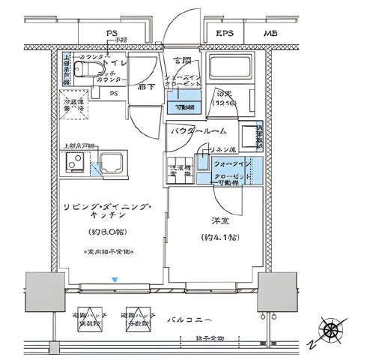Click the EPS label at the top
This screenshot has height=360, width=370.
224,34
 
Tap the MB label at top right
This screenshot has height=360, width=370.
269,34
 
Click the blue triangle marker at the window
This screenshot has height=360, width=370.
114,280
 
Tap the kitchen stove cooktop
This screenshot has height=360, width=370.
74,162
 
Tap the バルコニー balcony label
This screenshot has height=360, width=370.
205,320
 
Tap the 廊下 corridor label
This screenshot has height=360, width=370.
145,86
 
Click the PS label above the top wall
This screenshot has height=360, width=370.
111,34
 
